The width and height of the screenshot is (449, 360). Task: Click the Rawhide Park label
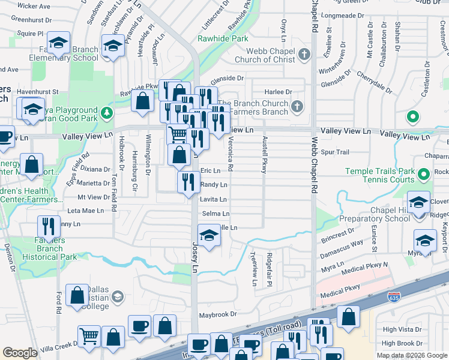pos(223,38)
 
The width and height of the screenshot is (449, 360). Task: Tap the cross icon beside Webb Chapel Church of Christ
pos(304,55)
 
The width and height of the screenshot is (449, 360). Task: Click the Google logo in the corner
pos(20,353)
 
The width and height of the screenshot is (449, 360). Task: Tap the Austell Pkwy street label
pos(264,155)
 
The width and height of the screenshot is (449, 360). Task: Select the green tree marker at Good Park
pos(106,112)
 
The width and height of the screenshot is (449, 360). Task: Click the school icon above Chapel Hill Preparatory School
pos(418,203)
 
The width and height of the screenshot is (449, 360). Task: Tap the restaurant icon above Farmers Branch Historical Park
pos(49,226)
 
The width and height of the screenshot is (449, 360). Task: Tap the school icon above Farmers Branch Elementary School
pos(58,43)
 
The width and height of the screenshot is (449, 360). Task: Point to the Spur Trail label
pos(335,152)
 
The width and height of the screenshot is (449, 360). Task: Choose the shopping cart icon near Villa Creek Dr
pos(89,336)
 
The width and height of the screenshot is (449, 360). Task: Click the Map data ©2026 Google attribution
pos(412,355)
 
